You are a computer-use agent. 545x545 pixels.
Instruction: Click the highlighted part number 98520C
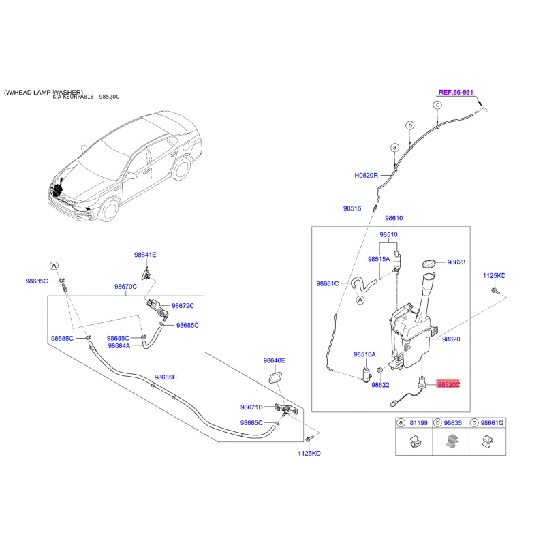point(448,384)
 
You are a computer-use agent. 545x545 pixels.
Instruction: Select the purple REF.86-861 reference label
point(455,91)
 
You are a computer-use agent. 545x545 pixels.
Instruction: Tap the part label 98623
point(456,262)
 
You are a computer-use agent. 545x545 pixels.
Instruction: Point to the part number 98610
point(394,219)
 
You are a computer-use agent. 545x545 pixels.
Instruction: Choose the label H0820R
point(366,175)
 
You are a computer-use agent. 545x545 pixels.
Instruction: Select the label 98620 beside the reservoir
point(452,339)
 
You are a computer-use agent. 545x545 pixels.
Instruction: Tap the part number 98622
point(380,385)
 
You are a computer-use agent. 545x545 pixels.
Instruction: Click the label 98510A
point(364,354)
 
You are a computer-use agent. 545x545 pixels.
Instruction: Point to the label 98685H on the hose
point(165,377)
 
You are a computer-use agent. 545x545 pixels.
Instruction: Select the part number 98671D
point(251,407)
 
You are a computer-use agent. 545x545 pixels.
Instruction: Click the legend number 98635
point(453,423)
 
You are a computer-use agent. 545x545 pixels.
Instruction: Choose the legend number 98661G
point(492,423)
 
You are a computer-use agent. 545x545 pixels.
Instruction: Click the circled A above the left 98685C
point(53,265)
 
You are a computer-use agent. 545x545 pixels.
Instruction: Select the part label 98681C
point(327,284)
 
